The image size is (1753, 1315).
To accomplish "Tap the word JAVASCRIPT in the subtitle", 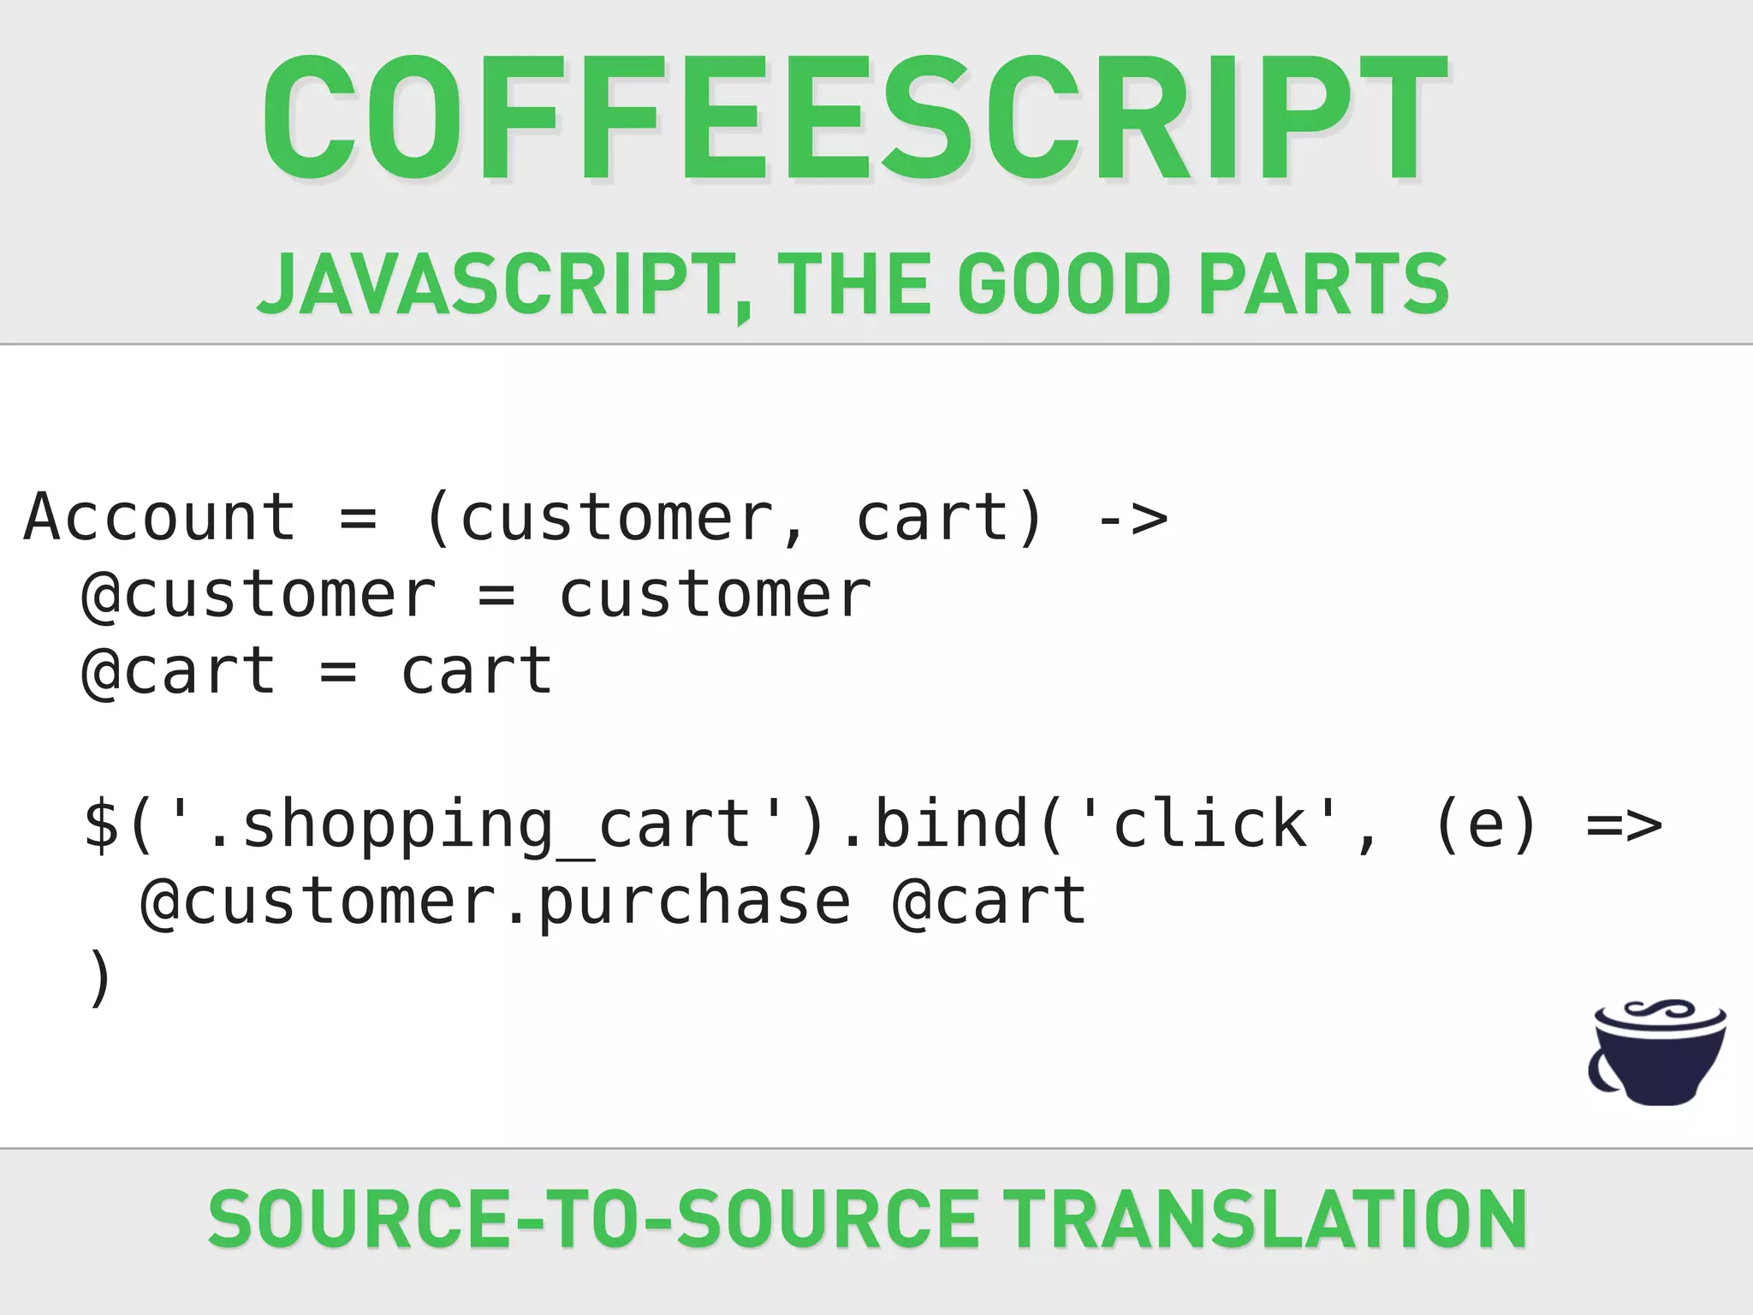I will pyautogui.click(x=495, y=285).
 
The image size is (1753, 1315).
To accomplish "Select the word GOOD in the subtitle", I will pyautogui.click(x=1064, y=285).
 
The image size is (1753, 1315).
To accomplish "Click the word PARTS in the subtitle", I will pyautogui.click(x=1324, y=285).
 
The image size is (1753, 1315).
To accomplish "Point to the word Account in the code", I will pyautogui.click(x=160, y=518).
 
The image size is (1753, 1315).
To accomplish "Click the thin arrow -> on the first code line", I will pyautogui.click(x=1132, y=519).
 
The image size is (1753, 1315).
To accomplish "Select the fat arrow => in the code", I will pyautogui.click(x=1624, y=825).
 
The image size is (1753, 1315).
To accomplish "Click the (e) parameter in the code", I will pyautogui.click(x=1486, y=825).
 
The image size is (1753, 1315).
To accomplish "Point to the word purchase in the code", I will pyautogui.click(x=694, y=902).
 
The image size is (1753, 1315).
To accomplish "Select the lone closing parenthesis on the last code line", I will pyautogui.click(x=100, y=979).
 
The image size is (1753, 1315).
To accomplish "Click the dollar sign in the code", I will pyautogui.click(x=102, y=825).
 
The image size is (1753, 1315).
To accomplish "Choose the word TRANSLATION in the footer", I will pyautogui.click(x=1264, y=1219).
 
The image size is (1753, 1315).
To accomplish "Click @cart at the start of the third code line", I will pyautogui.click(x=179, y=673).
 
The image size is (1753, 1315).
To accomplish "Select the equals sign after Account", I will pyautogui.click(x=358, y=519).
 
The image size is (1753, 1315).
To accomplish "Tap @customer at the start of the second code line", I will pyautogui.click(x=258, y=596).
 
